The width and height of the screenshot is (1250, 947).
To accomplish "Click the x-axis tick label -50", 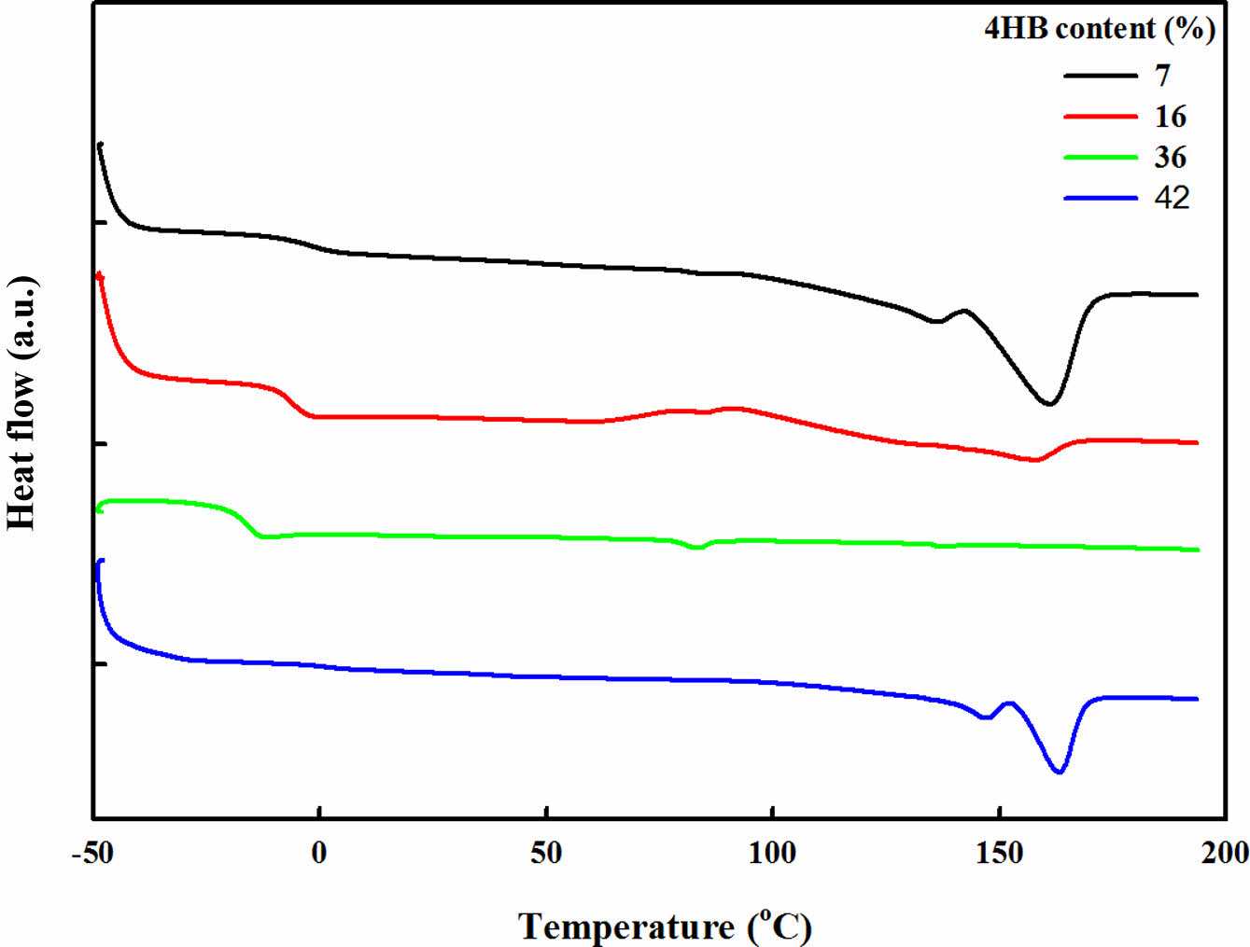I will pos(92,853).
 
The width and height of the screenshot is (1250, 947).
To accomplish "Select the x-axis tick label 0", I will pos(319,853).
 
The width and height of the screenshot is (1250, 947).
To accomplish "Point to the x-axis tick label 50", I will pos(546,853).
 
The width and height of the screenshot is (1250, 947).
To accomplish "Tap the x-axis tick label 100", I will pos(773,853).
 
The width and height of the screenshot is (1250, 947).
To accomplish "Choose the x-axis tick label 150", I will pos(1000,853).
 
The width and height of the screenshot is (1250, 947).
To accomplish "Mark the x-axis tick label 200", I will pos(1224,853).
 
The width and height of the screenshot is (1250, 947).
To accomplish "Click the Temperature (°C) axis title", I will pos(665,926).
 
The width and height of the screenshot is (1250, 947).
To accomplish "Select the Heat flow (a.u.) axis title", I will pos(22,403).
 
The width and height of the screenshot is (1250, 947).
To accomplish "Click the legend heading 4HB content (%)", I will pos(1100,29).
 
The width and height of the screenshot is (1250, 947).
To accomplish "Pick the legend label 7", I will pos(1162,76).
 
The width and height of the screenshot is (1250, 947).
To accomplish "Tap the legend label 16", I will pos(1171,117).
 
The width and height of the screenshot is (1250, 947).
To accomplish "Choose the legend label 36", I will pos(1171,157).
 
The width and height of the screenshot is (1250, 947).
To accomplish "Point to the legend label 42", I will pos(1172,198).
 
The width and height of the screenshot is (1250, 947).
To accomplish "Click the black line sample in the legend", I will pos(1101,76).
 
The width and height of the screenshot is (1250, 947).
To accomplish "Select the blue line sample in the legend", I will pos(1101,198).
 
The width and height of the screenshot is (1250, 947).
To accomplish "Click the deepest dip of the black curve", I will pos(1049,404).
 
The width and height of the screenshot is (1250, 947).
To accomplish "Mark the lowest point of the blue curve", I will pos(1059,772).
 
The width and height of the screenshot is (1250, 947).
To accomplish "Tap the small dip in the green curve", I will pos(695,548).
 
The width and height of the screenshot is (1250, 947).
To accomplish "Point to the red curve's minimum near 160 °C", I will pos(1033,460).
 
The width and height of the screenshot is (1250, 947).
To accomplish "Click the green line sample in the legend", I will pos(1101,158).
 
